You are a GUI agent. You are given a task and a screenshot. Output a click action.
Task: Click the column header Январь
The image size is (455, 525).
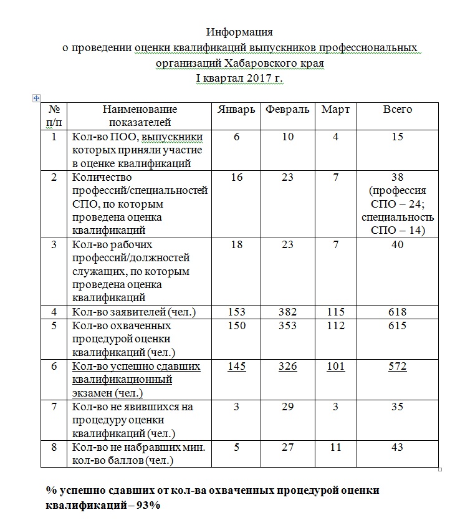pyautogui.click(x=236, y=110)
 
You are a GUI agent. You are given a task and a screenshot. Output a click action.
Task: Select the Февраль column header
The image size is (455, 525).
pyautogui.click(x=287, y=110)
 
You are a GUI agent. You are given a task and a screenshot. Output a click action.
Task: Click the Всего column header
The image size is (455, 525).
pyautogui.click(x=398, y=110)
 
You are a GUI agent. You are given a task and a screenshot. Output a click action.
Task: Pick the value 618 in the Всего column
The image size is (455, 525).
pyautogui.click(x=398, y=312)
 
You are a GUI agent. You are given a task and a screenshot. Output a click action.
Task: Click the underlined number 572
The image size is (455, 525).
pyautogui.click(x=398, y=366)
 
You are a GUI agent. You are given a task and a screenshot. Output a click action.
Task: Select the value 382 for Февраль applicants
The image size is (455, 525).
pyautogui.click(x=287, y=312)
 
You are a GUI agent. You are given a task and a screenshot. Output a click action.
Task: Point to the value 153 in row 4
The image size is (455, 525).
pyautogui.click(x=236, y=312)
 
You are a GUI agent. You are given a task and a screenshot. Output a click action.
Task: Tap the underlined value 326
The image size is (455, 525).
pyautogui.click(x=287, y=366)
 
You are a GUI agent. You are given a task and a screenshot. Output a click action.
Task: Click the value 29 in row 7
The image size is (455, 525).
pyautogui.click(x=287, y=407)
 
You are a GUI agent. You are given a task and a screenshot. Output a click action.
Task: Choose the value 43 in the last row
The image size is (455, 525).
pyautogui.click(x=398, y=447)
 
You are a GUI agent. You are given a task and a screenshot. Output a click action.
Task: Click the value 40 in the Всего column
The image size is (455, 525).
pyautogui.click(x=398, y=244)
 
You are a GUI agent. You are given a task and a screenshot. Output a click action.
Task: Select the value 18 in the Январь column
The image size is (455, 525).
pyautogui.click(x=236, y=244)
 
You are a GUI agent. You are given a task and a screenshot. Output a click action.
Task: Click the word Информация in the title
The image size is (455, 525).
pyautogui.click(x=239, y=32)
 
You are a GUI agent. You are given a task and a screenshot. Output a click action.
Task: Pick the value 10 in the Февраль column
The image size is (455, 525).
pyautogui.click(x=287, y=137)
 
